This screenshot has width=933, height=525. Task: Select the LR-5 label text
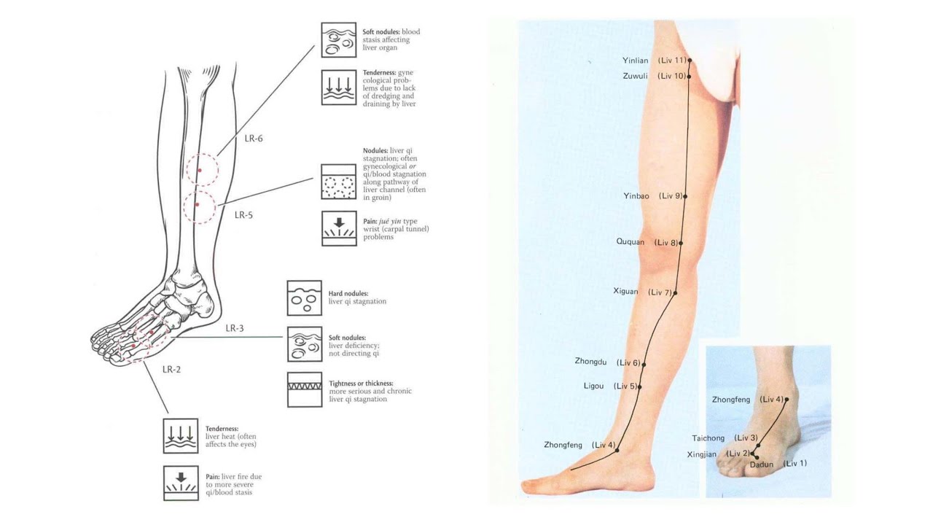[243, 215]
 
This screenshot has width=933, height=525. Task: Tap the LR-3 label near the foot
[234, 328]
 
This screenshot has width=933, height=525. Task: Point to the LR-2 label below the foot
[171, 369]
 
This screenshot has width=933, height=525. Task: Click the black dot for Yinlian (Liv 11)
[689, 61]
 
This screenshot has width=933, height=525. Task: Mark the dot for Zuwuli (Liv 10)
[688, 76]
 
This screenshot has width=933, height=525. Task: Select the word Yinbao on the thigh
[636, 196]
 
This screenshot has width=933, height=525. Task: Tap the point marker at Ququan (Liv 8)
[681, 243]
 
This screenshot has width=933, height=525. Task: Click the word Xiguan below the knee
[625, 292]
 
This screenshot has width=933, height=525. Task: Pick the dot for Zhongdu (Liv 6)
[644, 363]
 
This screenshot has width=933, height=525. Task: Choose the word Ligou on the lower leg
[593, 386]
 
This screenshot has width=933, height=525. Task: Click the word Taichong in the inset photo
[708, 438]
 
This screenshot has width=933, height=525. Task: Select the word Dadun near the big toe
[761, 464]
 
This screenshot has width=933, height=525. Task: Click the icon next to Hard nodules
[304, 297]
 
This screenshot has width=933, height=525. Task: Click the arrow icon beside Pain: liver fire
[180, 482]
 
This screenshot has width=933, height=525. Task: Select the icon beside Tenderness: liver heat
[180, 435]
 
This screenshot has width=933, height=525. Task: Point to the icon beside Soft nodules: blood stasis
[339, 40]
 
